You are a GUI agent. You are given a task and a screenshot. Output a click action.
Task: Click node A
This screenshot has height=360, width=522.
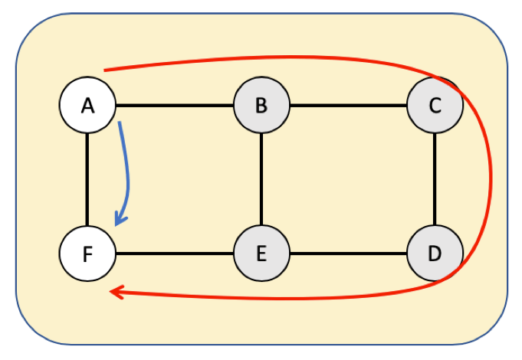[87, 105]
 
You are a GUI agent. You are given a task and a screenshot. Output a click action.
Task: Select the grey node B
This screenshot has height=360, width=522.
[261, 105]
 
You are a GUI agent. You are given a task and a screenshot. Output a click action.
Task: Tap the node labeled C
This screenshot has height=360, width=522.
[435, 105]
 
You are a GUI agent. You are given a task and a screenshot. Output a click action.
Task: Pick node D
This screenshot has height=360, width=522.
[435, 254]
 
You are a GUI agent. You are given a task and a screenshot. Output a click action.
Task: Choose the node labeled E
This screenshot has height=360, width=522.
[261, 254]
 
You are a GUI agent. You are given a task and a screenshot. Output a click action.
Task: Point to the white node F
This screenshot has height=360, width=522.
[87, 254]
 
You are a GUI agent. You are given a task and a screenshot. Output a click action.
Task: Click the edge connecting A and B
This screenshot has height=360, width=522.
[175, 105]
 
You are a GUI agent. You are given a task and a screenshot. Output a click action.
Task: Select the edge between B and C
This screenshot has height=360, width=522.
[348, 105]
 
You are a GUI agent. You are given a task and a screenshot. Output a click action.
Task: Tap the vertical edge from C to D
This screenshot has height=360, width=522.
[435, 179]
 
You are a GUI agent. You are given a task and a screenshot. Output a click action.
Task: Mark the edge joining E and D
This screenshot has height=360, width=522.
[348, 254]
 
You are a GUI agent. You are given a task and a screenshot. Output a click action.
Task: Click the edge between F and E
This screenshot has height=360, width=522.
[175, 254]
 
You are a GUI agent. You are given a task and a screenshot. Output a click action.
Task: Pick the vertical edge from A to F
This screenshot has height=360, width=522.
[87, 179]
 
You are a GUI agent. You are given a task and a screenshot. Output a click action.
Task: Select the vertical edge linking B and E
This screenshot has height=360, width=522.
[261, 179]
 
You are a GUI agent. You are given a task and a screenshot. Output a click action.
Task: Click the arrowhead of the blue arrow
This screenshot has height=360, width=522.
[118, 221]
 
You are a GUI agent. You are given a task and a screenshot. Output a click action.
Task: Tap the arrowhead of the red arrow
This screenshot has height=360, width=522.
[115, 292]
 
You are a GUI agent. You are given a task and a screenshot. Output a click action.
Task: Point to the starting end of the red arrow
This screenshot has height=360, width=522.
[105, 70]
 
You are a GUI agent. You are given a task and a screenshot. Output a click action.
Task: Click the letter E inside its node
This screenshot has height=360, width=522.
[261, 254]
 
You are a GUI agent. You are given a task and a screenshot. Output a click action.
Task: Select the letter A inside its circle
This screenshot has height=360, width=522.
[87, 105]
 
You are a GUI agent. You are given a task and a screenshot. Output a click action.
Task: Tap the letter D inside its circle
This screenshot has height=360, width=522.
[435, 254]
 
